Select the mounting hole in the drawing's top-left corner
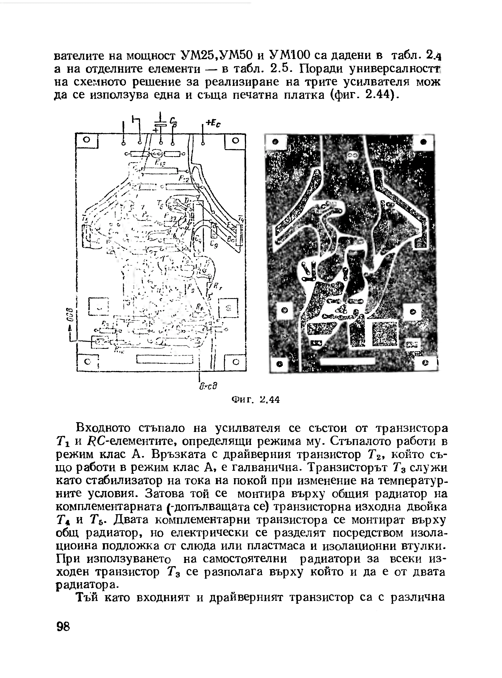point(87,140)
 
